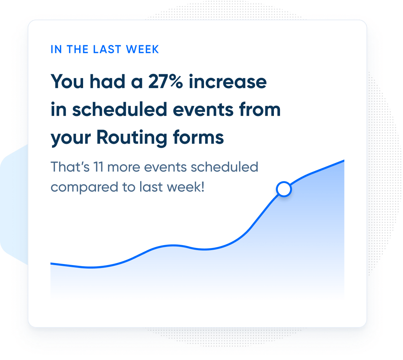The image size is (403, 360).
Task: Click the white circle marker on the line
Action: (x=284, y=189)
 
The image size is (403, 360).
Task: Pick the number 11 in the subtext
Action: (x=98, y=167)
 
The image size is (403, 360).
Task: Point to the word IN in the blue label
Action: (x=56, y=49)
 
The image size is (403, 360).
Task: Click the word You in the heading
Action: (x=68, y=82)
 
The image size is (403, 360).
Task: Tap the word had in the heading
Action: (x=106, y=82)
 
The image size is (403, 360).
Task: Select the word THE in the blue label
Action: (x=77, y=49)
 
